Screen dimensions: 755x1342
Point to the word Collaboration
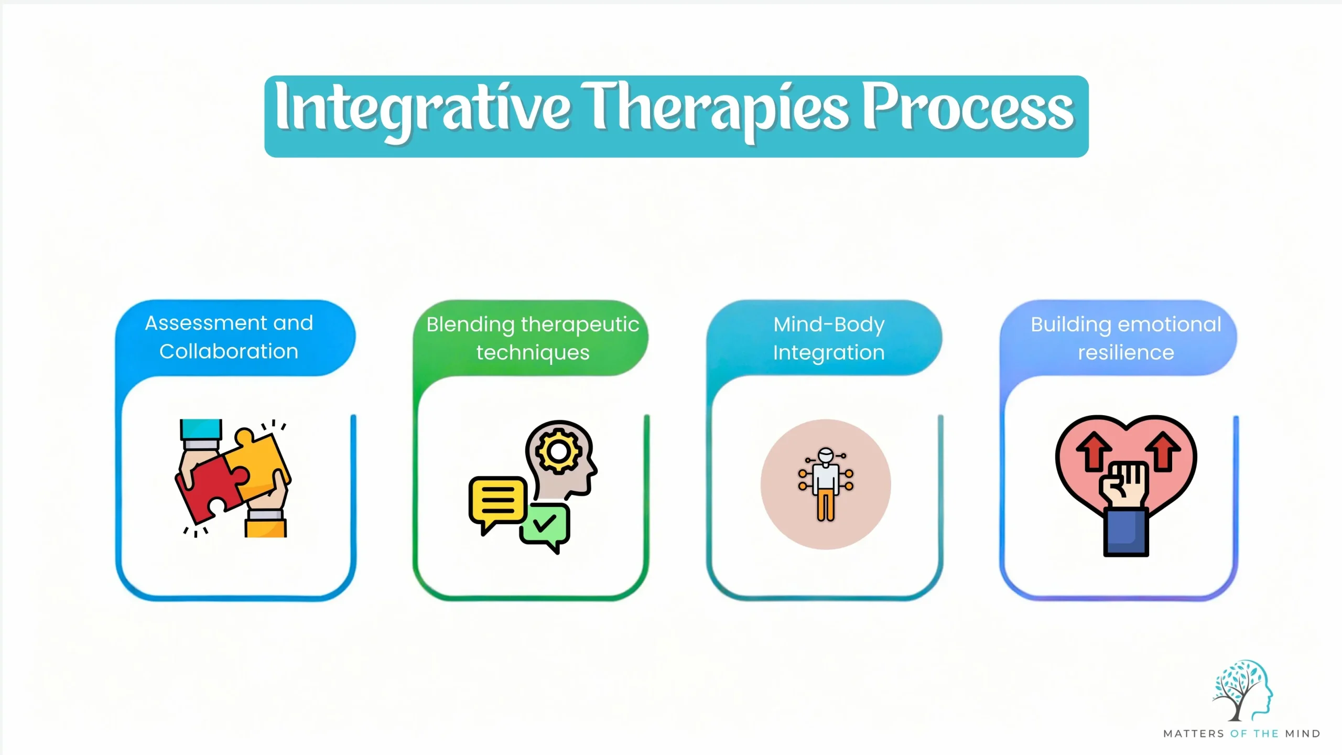[x=229, y=351]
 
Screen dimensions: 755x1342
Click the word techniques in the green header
[x=533, y=352]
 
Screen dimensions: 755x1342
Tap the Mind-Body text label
[x=829, y=324]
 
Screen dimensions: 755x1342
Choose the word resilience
[x=1126, y=352]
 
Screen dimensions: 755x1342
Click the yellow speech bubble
[x=496, y=501]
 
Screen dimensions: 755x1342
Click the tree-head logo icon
[x=1242, y=690]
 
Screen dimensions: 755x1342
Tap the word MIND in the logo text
[x=1303, y=734]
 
